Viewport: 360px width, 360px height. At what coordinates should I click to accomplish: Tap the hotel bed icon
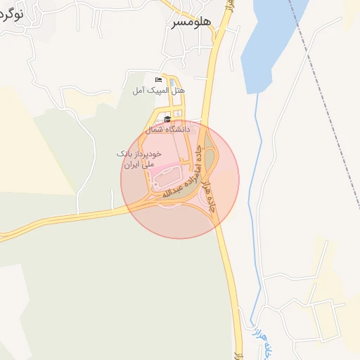pos(158,80)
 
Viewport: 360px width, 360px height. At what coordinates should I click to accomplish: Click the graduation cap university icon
pos(167,120)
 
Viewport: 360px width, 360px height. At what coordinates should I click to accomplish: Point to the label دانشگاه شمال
pos(167,130)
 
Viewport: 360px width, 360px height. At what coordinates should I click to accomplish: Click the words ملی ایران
pos(138,164)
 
